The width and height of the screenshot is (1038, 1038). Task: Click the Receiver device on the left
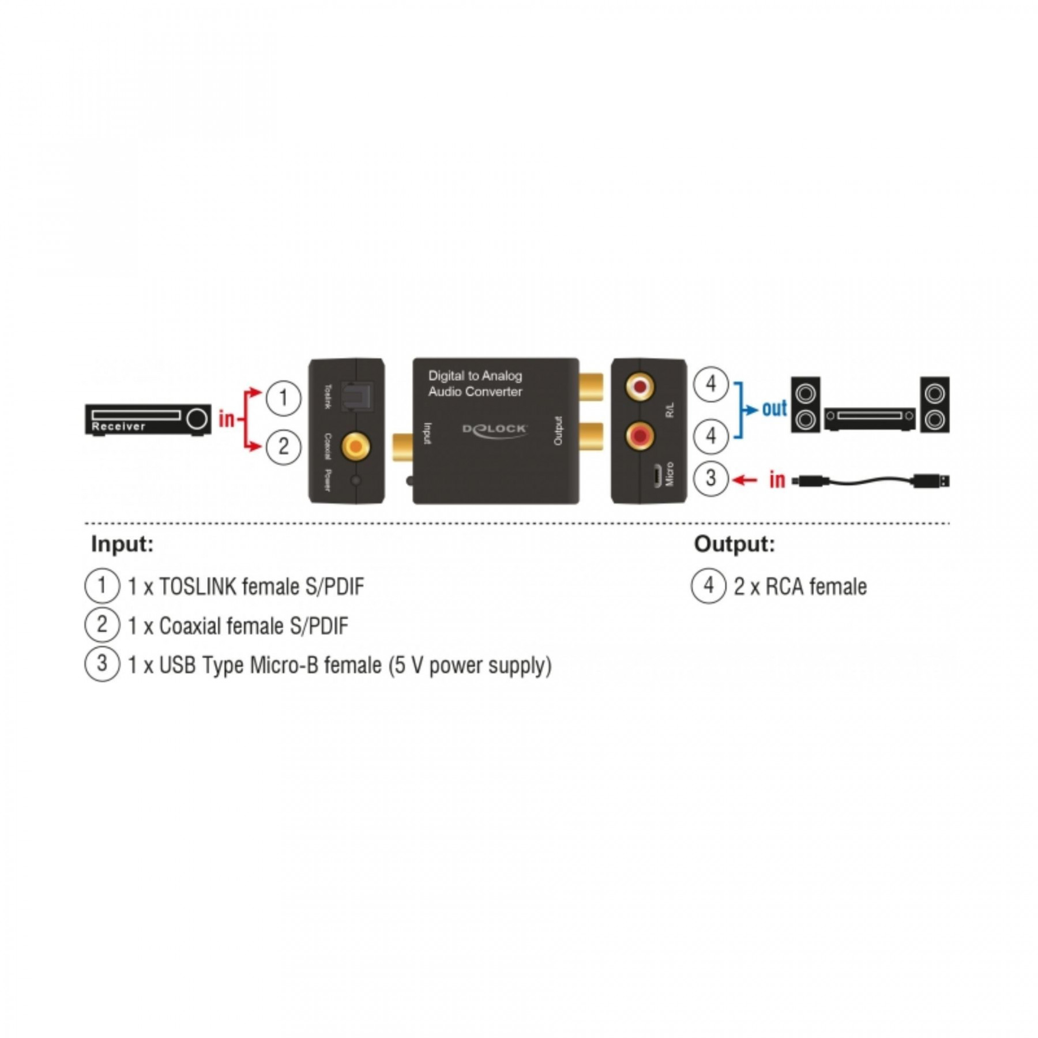(x=148, y=419)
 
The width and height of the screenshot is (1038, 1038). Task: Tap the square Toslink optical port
(x=357, y=397)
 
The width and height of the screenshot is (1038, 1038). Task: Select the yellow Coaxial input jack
(x=356, y=446)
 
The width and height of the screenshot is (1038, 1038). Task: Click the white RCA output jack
(x=640, y=387)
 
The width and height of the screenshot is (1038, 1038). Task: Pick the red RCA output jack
(x=640, y=435)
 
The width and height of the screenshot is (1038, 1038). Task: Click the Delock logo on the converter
(x=494, y=430)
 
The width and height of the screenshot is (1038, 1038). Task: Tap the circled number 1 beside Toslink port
(x=283, y=397)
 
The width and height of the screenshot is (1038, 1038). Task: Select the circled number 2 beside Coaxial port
(x=283, y=446)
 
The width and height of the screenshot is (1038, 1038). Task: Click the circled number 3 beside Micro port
(x=710, y=478)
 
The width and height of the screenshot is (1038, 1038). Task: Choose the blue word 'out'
(x=774, y=408)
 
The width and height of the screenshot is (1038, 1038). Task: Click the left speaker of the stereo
(x=805, y=404)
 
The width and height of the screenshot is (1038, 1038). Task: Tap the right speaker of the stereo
(x=934, y=404)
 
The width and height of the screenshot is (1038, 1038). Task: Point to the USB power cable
(x=871, y=480)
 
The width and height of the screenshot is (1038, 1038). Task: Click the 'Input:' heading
(x=122, y=544)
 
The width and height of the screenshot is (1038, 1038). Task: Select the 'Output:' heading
(x=734, y=544)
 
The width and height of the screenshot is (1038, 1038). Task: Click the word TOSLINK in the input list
(x=197, y=586)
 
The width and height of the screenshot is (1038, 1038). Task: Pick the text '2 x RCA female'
(x=800, y=586)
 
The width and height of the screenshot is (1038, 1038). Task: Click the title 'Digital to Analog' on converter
(x=475, y=376)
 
